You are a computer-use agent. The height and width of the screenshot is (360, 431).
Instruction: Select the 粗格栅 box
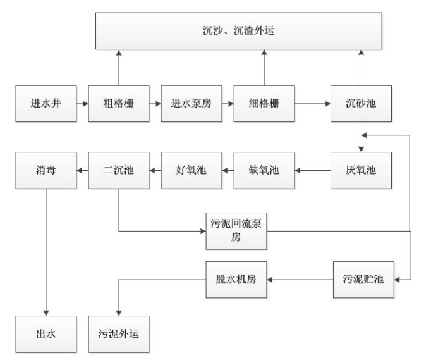coord(118,101)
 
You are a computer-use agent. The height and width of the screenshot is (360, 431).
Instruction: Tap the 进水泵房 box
coord(190,101)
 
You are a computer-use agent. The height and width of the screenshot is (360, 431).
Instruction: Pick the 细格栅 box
coord(264,101)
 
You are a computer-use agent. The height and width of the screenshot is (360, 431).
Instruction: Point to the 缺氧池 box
coord(264,170)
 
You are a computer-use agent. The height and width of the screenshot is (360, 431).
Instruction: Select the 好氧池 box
coord(190,170)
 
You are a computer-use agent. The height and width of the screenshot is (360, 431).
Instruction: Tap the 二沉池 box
coord(118,170)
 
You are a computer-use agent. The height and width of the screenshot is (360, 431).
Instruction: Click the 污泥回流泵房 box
coord(236,232)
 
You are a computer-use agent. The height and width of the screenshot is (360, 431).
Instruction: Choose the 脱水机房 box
coord(236,280)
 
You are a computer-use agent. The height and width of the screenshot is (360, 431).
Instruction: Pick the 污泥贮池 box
coord(363,280)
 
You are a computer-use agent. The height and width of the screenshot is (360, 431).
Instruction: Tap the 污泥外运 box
coord(118,332)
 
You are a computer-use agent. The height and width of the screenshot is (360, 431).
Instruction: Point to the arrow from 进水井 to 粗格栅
coord(82,101)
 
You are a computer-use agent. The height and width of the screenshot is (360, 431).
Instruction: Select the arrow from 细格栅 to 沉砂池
coord(312,101)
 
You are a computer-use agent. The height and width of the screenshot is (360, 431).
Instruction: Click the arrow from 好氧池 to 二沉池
coord(154,170)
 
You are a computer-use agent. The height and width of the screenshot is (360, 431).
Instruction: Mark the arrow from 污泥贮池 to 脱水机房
coord(300,280)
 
